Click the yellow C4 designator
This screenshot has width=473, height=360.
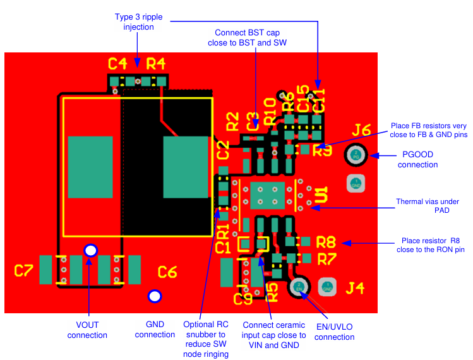click(x=117, y=63)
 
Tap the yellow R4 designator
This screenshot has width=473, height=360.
click(x=156, y=63)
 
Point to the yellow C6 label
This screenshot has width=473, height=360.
click(x=167, y=272)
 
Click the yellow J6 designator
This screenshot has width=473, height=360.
click(x=361, y=131)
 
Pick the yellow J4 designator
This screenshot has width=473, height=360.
click(x=355, y=288)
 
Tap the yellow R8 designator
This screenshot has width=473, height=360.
click(x=326, y=241)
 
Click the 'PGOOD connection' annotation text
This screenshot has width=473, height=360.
click(x=420, y=159)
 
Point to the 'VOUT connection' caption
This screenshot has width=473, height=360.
click(x=87, y=330)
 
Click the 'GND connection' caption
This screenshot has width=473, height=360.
click(x=155, y=329)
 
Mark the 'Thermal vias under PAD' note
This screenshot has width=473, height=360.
click(x=427, y=206)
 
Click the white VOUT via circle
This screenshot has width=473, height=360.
click(x=91, y=251)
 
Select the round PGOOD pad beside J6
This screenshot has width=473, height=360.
click(x=356, y=155)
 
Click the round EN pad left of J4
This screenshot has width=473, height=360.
click(x=300, y=287)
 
